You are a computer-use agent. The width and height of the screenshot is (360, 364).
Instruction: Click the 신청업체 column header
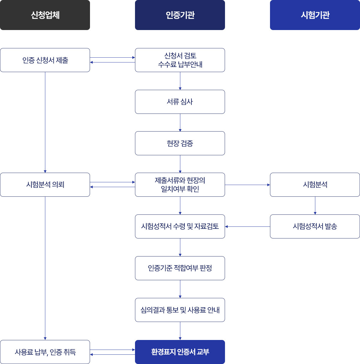point(45,15)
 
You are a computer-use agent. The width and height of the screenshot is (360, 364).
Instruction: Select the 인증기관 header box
point(180,15)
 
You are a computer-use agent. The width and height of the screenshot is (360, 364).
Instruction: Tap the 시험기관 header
point(315,15)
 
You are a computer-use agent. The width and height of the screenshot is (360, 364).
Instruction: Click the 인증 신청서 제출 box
point(45,60)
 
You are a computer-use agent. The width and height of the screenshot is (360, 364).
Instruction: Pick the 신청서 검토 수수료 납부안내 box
point(180,60)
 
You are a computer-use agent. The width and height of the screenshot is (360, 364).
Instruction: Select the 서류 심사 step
point(180,102)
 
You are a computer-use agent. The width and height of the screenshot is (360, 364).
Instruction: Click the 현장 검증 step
point(180,143)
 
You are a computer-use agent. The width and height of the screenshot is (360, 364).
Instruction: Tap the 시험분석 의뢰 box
point(45,185)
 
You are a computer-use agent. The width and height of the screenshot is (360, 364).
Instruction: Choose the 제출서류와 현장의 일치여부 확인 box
point(180,185)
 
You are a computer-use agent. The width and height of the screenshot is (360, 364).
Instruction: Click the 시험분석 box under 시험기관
point(315,185)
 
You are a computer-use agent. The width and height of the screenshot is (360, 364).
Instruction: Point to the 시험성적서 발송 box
point(315,226)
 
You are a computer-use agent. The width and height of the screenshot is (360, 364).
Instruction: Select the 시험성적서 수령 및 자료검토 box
point(180,226)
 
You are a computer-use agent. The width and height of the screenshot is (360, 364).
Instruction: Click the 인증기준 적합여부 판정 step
point(180,268)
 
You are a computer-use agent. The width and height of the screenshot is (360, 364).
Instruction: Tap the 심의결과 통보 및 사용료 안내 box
point(180,310)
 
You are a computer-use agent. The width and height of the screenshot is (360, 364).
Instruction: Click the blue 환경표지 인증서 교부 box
point(180,352)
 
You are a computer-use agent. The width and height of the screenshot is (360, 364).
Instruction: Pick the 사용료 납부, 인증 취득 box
point(45,352)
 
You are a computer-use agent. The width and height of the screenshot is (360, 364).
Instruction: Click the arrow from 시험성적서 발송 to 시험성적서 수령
point(247,226)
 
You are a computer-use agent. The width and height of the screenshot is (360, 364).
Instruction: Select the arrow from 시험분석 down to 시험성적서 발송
point(315,205)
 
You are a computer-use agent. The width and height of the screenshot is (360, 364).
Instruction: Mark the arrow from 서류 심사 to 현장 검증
point(180,123)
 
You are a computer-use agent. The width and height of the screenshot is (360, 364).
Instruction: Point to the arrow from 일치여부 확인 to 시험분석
point(247,185)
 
